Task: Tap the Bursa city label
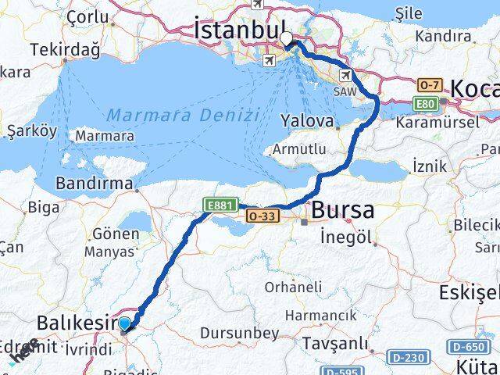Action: tap(342, 210)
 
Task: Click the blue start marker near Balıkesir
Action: tap(124, 323)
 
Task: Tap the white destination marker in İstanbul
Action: tap(287, 38)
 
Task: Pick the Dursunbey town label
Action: tap(239, 333)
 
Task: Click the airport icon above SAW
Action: tap(345, 74)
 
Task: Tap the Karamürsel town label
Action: tap(438, 123)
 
